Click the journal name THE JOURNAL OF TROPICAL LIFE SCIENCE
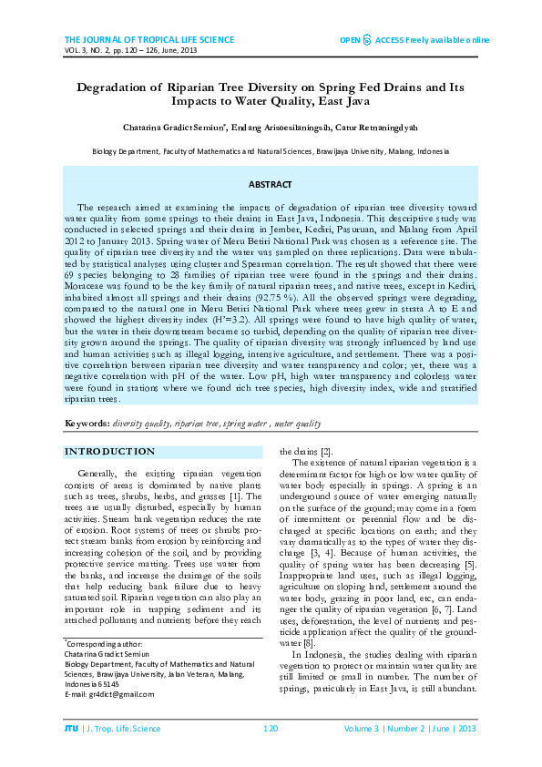coord(149,40)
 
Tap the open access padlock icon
coord(366,40)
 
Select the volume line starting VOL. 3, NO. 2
coord(130,51)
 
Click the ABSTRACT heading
coord(270,184)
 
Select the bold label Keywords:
coord(87,424)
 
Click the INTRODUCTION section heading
coord(109,452)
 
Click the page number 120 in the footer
coord(270,729)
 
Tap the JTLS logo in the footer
coord(71,729)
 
